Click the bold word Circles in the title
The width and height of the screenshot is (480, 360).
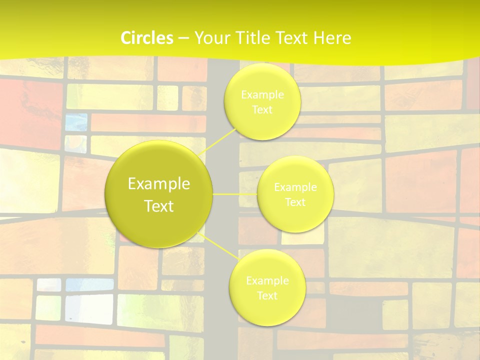tap(147, 38)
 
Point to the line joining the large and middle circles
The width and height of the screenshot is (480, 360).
tap(235, 193)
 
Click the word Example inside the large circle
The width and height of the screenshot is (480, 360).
tap(159, 184)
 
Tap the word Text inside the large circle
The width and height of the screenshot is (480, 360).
tap(159, 206)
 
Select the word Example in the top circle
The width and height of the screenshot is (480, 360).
tap(262, 95)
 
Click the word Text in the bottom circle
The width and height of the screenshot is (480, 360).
tap(267, 295)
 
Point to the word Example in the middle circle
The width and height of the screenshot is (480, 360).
tap(295, 187)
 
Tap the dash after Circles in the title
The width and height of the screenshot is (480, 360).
tap(183, 38)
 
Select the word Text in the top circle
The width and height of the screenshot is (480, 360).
tap(262, 110)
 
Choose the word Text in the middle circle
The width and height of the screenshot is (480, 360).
tap(295, 202)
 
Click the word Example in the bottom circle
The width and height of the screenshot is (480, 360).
tap(267, 281)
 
